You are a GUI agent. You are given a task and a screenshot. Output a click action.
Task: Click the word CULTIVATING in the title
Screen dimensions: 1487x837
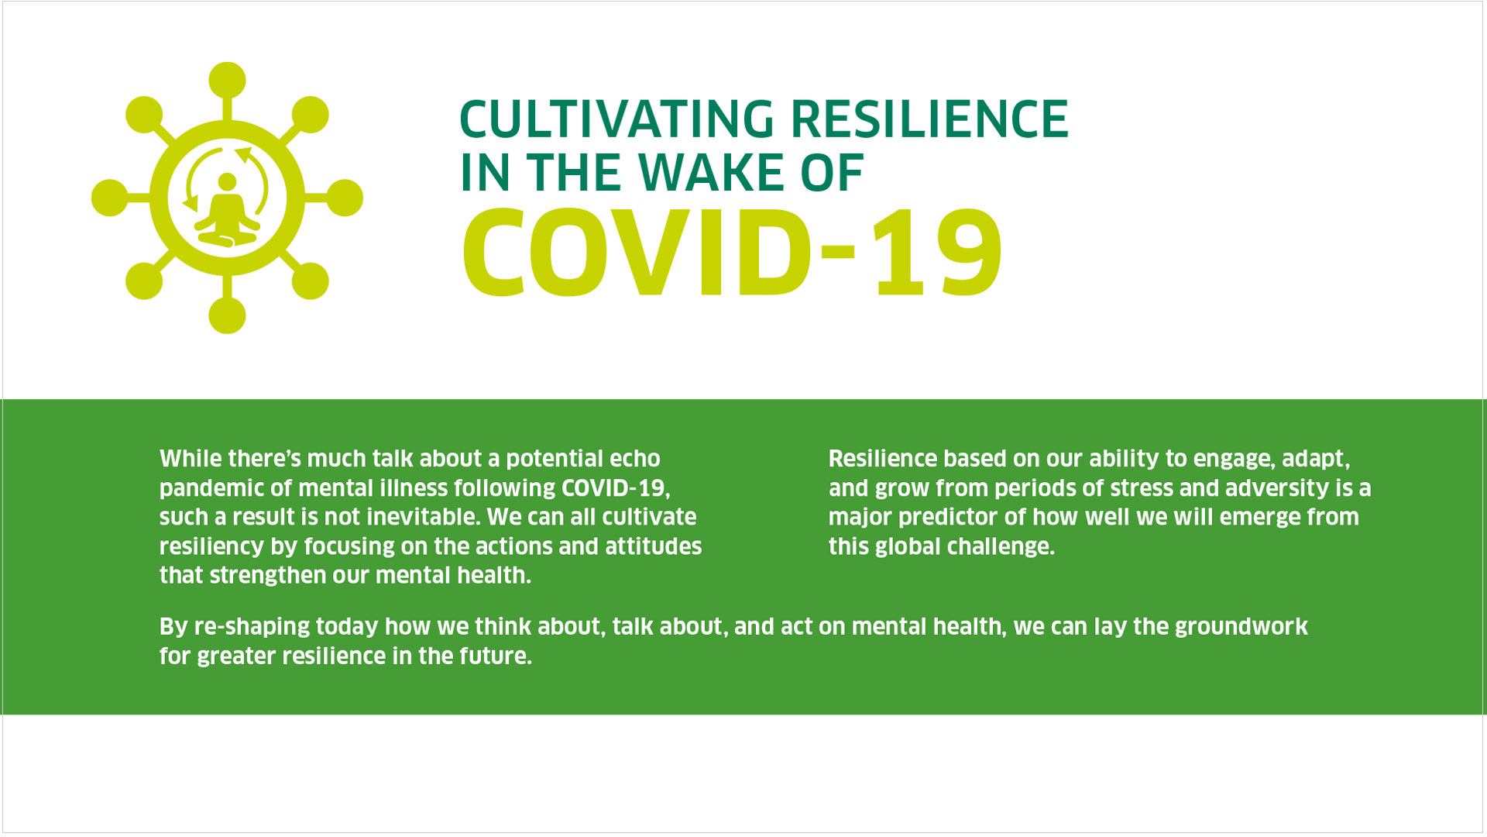click(616, 119)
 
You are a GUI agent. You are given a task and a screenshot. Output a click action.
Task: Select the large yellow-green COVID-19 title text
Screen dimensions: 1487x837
click(733, 253)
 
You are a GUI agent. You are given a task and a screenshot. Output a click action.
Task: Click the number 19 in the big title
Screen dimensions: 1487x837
click(939, 253)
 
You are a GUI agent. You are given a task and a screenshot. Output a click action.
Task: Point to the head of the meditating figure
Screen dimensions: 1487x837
click(227, 181)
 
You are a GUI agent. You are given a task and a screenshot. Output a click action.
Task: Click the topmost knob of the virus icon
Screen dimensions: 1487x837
click(227, 81)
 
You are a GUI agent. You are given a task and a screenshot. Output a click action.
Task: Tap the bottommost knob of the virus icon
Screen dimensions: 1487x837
click(227, 315)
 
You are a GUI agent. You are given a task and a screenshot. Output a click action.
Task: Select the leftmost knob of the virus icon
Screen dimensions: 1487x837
click(110, 198)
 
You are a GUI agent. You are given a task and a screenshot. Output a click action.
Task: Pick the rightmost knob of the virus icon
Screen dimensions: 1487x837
click(345, 198)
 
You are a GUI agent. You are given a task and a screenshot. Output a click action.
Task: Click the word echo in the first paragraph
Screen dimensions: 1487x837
click(634, 459)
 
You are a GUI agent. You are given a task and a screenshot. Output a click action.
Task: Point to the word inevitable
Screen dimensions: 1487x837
click(412, 517)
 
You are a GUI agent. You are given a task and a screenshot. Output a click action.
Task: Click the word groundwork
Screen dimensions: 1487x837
click(1241, 626)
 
